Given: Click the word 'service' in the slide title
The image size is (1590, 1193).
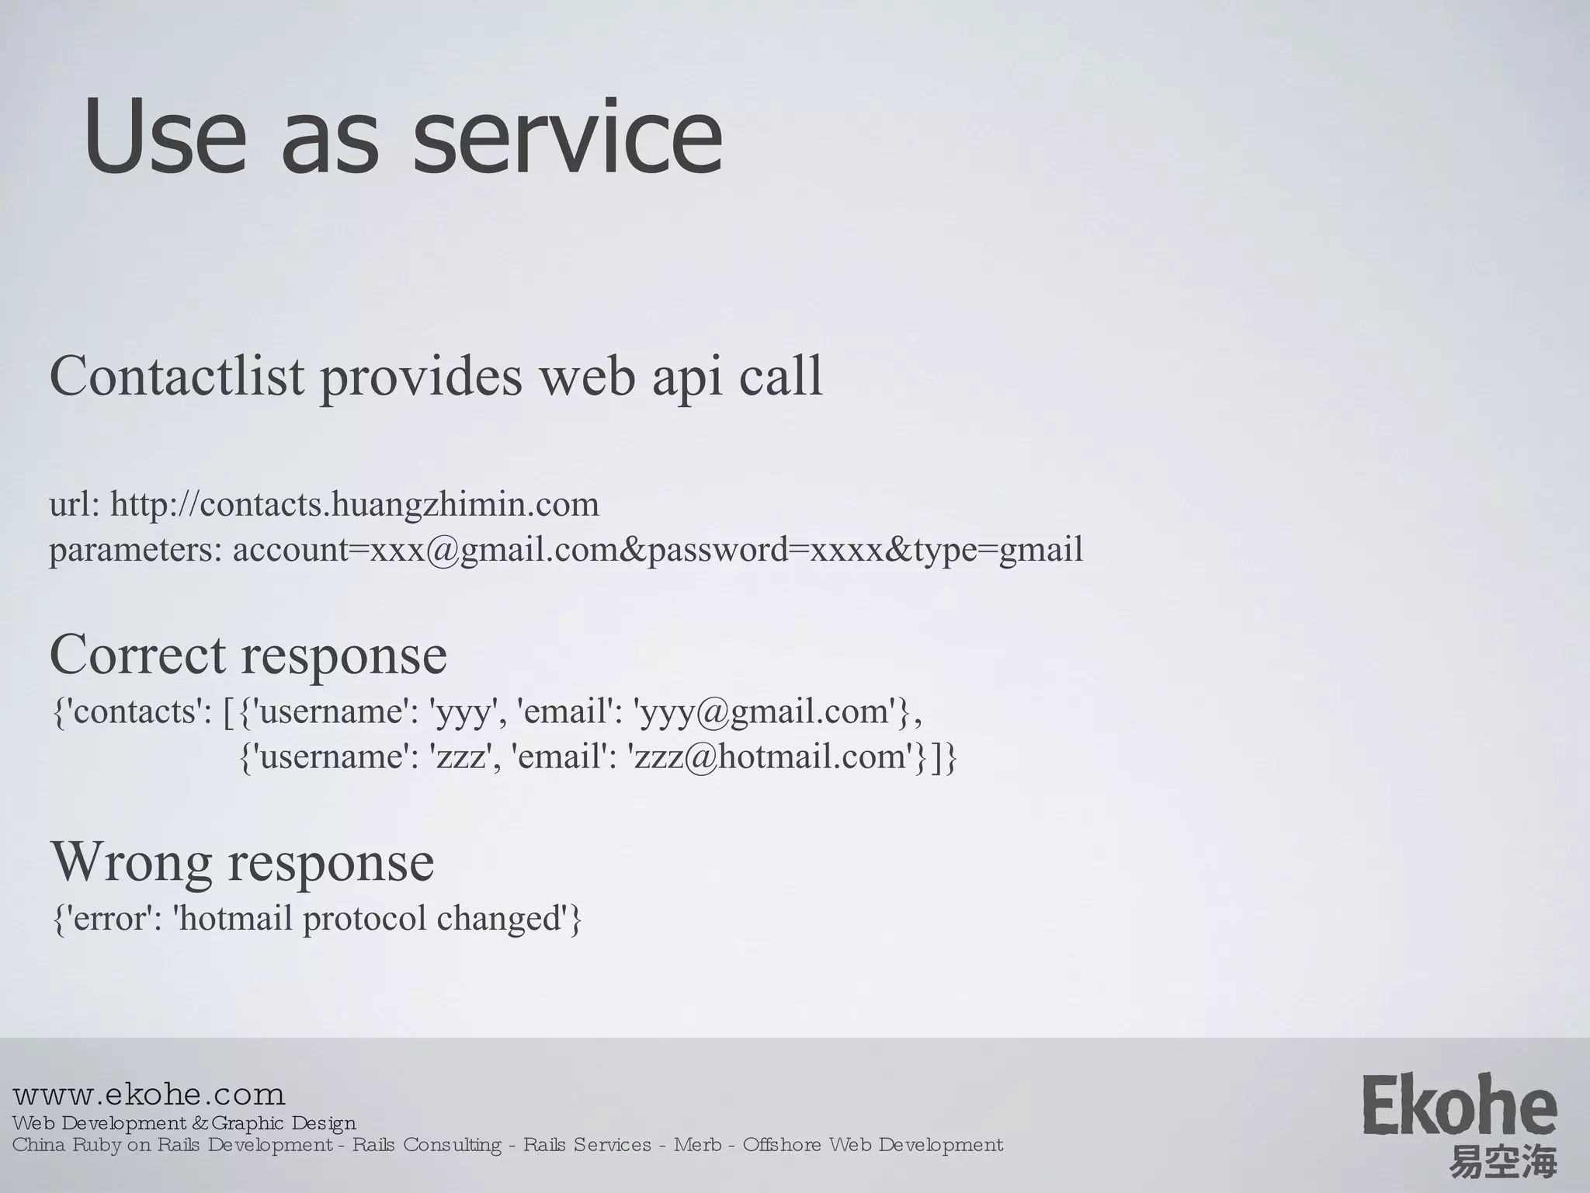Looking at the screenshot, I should click(x=568, y=138).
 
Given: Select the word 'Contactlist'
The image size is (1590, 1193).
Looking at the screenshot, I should click(x=177, y=377).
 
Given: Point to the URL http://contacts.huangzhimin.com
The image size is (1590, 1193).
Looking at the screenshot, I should click(x=355, y=505).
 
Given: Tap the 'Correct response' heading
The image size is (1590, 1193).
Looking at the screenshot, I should click(x=248, y=655).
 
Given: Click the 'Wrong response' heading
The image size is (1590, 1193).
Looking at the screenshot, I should click(x=242, y=862).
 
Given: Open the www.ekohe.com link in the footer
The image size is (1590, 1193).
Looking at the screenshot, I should click(x=149, y=1095).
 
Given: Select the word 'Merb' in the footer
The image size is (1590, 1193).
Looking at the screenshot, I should click(x=697, y=1145).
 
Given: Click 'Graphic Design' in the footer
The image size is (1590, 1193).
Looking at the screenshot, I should click(x=283, y=1123).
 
